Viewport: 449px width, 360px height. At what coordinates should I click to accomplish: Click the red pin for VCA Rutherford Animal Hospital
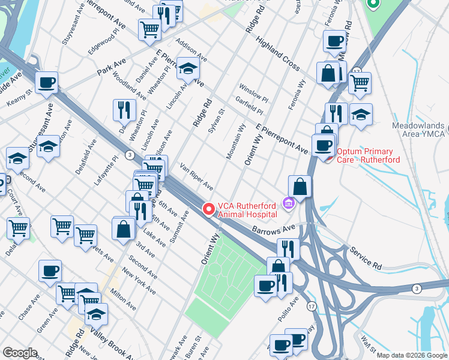point(209,209)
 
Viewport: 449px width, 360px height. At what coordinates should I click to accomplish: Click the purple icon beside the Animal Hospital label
point(289,205)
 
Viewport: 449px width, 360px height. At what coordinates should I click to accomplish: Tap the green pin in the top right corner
point(373,5)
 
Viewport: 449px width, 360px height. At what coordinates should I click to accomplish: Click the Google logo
point(19,353)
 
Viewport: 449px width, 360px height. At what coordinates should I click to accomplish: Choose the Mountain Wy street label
point(236,142)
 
